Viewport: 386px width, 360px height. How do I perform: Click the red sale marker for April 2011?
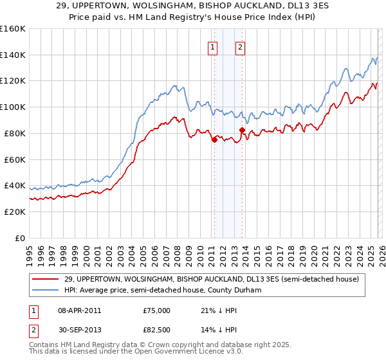click(214, 139)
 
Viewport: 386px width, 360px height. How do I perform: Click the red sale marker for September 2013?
click(242, 130)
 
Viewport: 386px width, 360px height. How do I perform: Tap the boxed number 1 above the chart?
click(212, 46)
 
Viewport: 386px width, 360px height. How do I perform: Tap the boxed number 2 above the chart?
click(240, 46)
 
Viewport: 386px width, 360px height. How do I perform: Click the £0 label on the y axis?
click(19, 238)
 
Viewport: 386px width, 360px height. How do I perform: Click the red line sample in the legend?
click(46, 278)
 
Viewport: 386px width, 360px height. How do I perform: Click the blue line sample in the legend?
click(46, 290)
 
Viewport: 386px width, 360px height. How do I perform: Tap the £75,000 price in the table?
click(157, 310)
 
